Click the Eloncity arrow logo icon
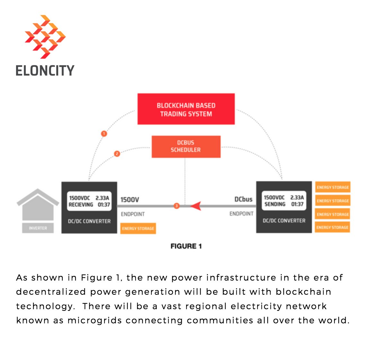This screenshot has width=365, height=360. pos(45,37)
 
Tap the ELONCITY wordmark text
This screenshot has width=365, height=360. pos(45,70)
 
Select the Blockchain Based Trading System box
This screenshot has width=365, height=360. pos(186,109)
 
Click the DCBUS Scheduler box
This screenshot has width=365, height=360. pos(186,147)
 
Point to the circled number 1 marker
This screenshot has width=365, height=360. pos(104,133)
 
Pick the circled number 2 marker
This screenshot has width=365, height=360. pos(117,154)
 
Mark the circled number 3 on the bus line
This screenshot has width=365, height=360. pos(176,206)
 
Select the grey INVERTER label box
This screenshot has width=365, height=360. pos(38,228)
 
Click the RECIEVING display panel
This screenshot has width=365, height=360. pos(89,201)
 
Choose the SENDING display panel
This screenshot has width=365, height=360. pos(284,201)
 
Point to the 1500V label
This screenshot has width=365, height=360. pos(130,200)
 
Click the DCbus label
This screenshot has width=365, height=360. pos(243,199)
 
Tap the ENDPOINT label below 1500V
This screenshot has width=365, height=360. pos(133,214)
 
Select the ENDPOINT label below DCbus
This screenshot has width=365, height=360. pos(241,214)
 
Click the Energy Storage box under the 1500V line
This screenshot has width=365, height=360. pos(138,229)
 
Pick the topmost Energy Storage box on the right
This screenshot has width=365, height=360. pos(333,187)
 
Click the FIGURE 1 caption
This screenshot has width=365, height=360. pos(186,246)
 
